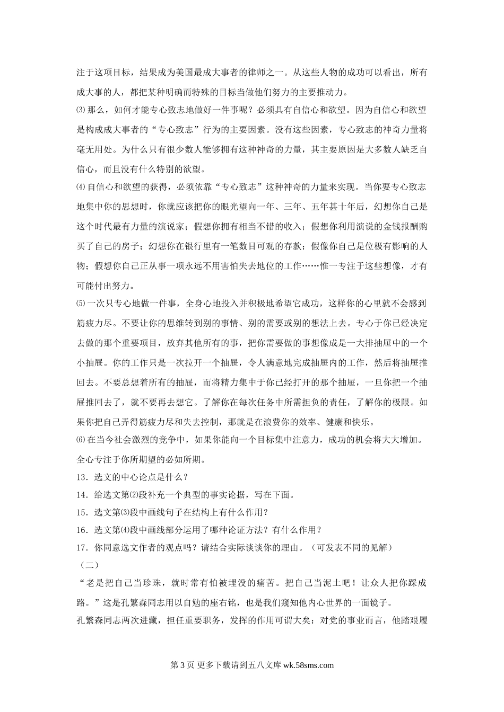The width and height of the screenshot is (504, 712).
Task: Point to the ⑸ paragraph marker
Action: point(81,304)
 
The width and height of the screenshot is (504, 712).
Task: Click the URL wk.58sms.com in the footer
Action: point(309,666)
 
